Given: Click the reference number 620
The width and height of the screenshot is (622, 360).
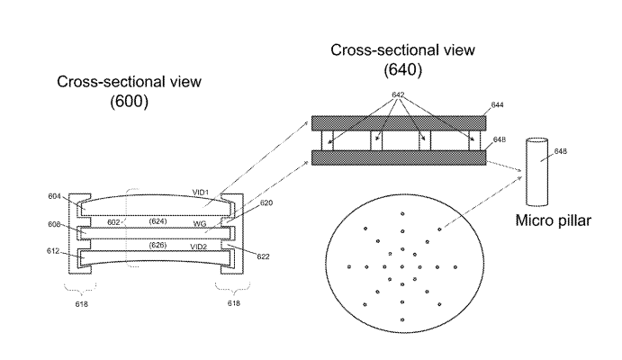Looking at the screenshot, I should point(266,203).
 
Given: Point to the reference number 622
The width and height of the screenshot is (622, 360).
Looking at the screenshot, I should point(266,257).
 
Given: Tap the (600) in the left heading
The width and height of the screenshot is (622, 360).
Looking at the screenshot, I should point(129,102).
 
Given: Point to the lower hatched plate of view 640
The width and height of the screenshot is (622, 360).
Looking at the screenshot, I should point(398,157).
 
